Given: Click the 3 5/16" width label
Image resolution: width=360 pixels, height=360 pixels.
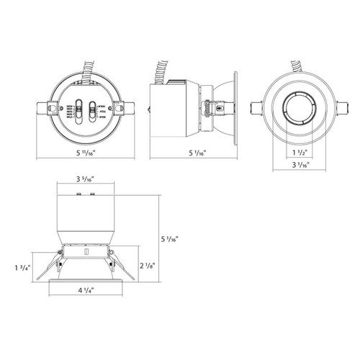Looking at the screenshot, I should click(x=86, y=181).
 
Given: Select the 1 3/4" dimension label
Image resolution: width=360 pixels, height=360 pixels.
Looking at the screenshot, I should click(x=22, y=269).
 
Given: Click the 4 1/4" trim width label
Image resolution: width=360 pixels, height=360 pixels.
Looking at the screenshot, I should click(x=86, y=292).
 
